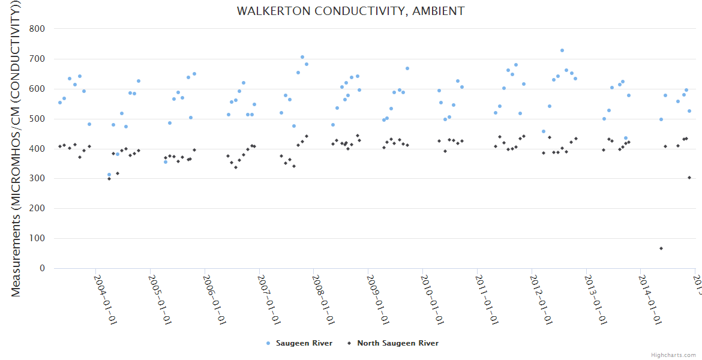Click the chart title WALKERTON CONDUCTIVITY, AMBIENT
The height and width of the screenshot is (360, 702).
(x=350, y=11)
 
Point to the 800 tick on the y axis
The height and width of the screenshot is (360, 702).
(x=37, y=29)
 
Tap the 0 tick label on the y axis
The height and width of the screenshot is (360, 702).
(x=42, y=268)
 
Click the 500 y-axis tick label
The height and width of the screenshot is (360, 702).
(x=37, y=119)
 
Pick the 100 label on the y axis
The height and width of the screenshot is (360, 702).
(x=37, y=238)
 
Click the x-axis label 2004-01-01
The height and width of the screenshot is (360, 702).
(x=105, y=299)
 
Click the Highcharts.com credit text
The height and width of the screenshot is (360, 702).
(x=674, y=355)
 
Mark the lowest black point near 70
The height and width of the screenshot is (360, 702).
(x=661, y=248)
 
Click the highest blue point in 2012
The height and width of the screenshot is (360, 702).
(x=562, y=50)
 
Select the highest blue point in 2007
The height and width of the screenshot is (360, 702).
(x=302, y=58)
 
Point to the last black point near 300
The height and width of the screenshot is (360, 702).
(x=689, y=178)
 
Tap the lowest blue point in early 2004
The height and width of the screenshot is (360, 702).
(x=109, y=175)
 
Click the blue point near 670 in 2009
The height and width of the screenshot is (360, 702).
(x=407, y=68)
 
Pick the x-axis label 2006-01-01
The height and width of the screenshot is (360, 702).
(x=214, y=299)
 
